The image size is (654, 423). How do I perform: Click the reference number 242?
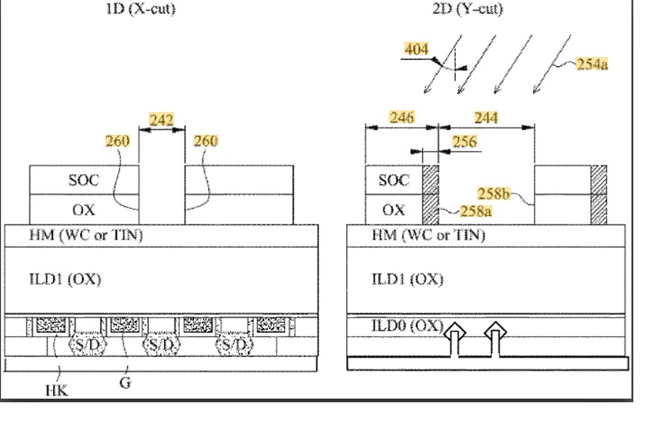[x=161, y=120]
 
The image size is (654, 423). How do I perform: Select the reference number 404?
[x=416, y=49]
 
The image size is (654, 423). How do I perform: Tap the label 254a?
[x=592, y=64]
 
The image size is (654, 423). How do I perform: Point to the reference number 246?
[x=402, y=117]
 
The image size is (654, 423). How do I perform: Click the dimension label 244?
[x=486, y=117]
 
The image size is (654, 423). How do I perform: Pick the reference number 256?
[x=464, y=142]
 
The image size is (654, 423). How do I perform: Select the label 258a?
[x=475, y=211]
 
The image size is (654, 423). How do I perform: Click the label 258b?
[x=494, y=194]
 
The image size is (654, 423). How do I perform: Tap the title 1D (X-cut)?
[x=141, y=8]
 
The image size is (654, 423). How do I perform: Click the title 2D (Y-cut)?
[x=468, y=8]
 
